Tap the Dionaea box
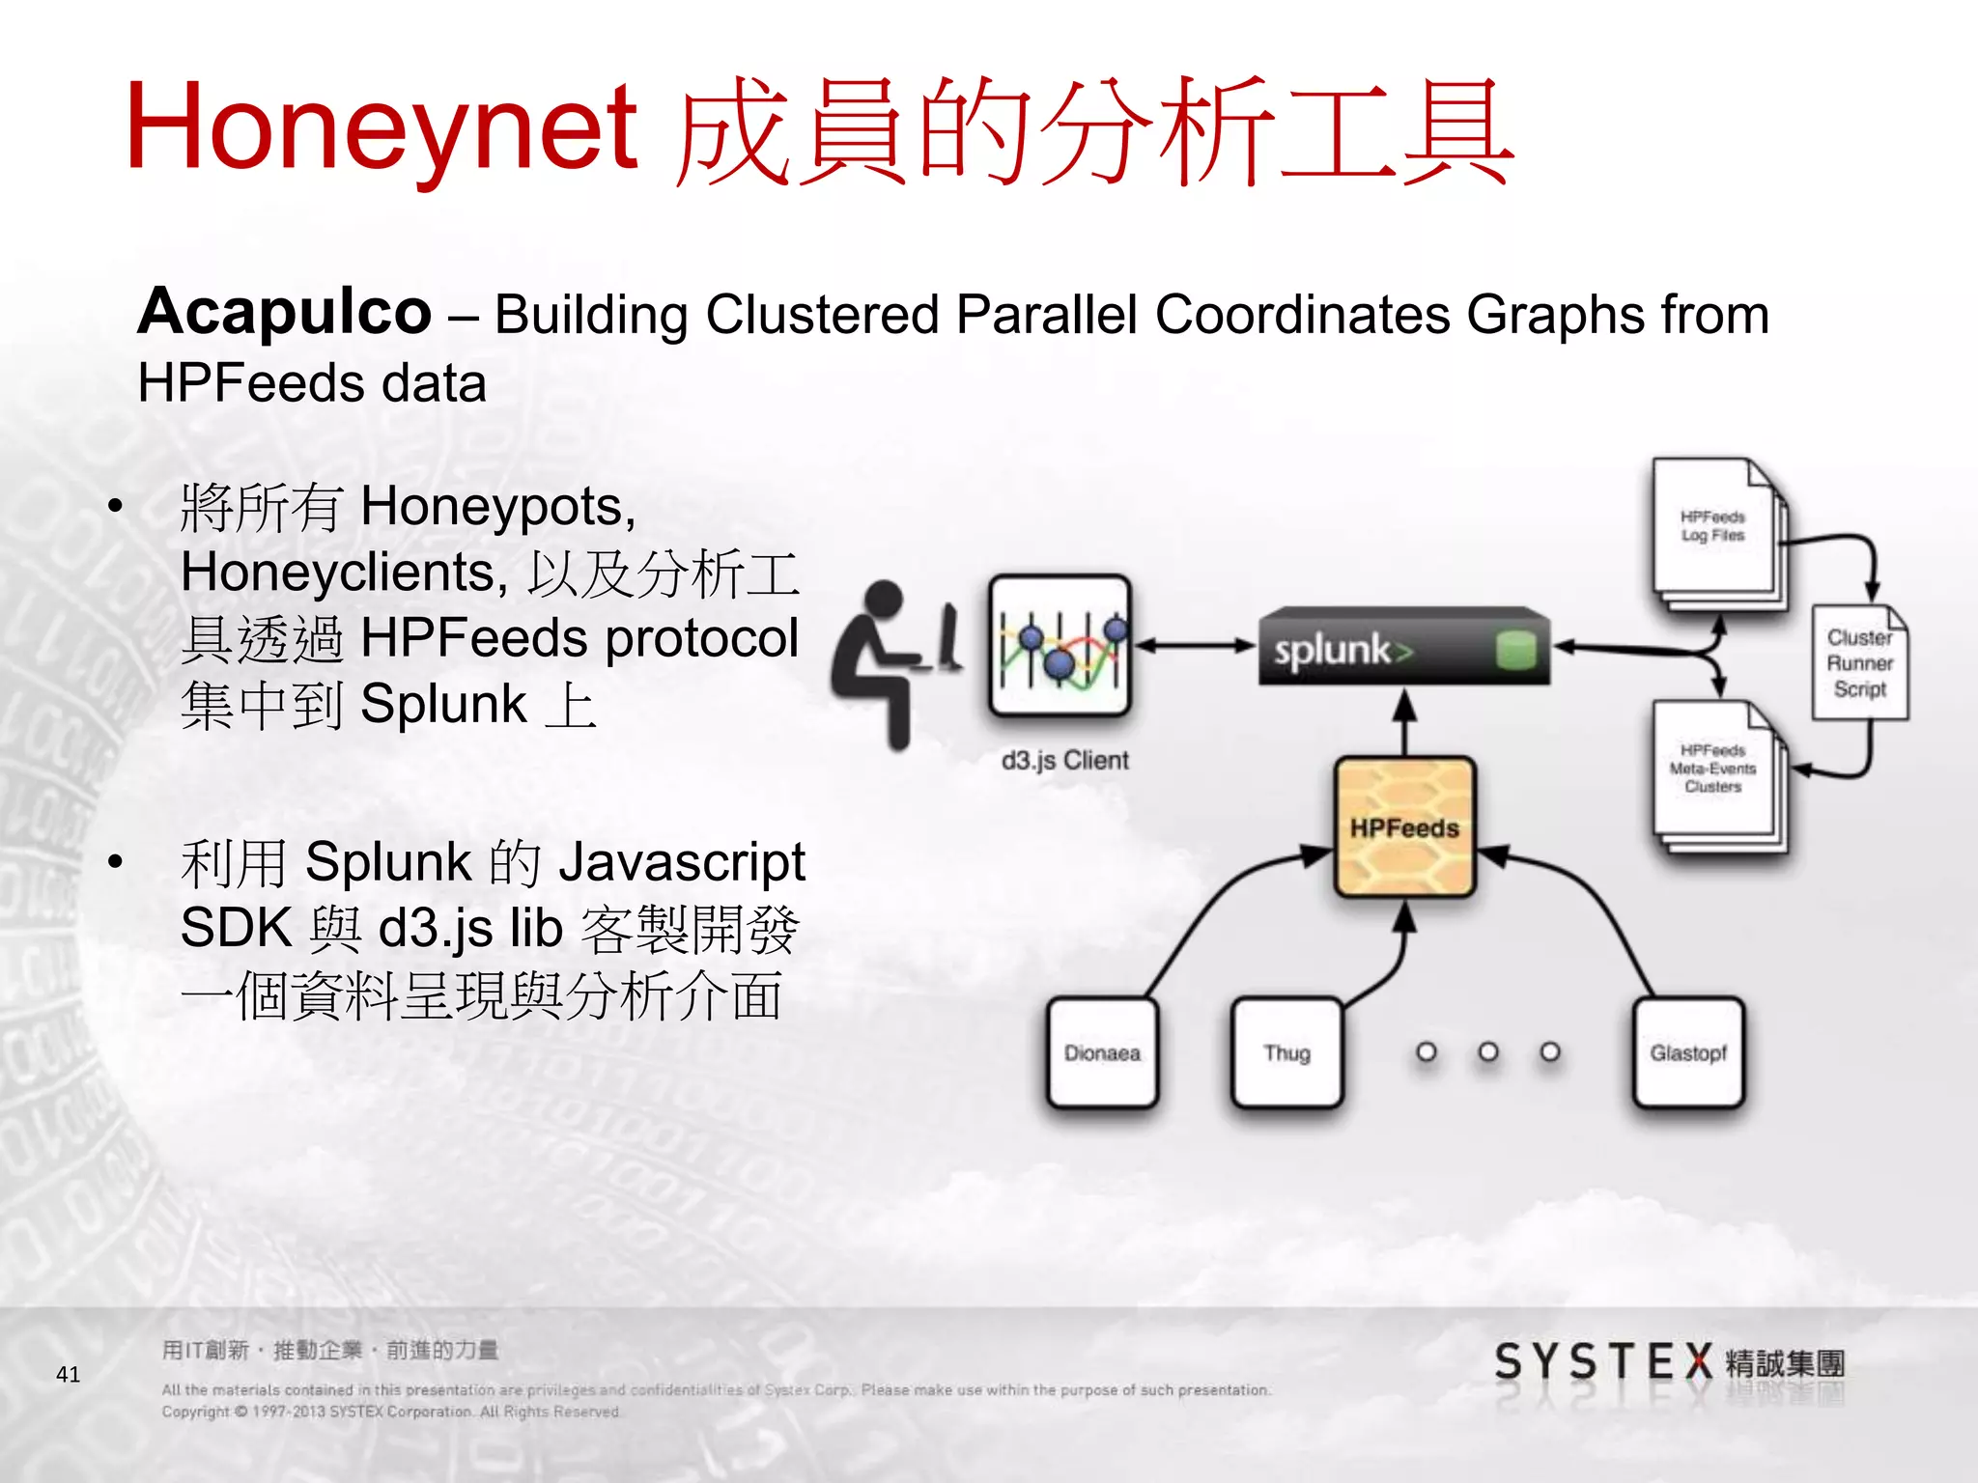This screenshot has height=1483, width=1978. [x=1102, y=1052]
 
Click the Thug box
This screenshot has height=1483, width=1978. [x=1286, y=1052]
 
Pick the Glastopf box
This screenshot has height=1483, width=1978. [x=1688, y=1052]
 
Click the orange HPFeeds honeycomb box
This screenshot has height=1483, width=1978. [x=1404, y=827]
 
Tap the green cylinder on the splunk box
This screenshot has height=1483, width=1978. [x=1515, y=650]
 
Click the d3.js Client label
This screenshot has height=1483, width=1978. [x=1064, y=761]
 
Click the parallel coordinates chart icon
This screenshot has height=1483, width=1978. [x=1060, y=645]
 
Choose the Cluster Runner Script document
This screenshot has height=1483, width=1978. [x=1859, y=663]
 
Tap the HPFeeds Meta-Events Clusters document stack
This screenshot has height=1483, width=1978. [x=1715, y=772]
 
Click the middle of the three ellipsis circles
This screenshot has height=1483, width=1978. [x=1488, y=1051]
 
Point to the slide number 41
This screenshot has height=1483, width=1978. [x=69, y=1374]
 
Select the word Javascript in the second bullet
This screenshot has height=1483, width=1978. [x=682, y=861]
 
